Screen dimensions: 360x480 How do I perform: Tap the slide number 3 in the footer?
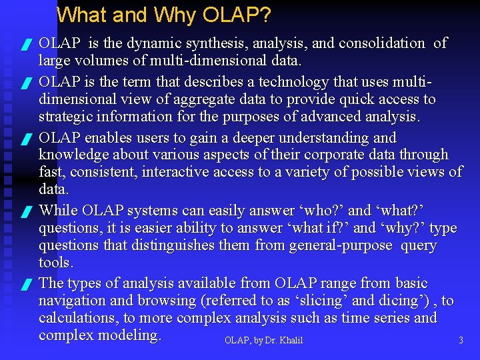pyautogui.click(x=461, y=341)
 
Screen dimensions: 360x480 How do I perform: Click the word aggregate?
pyautogui.click(x=181, y=99)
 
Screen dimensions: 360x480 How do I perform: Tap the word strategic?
pyautogui.click(x=67, y=117)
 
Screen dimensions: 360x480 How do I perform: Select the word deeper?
pyautogui.click(x=251, y=138)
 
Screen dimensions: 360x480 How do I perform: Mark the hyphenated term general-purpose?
pyautogui.click(x=341, y=245)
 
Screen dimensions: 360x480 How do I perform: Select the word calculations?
pyautogui.click(x=77, y=318)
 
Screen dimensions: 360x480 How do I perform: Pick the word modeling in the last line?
pyautogui.click(x=129, y=335)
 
